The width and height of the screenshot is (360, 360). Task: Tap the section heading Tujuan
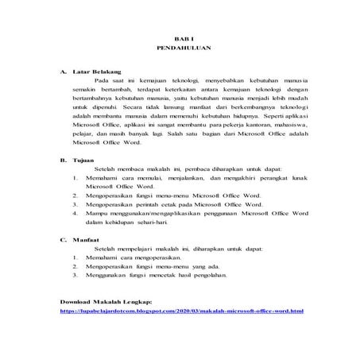[82, 160]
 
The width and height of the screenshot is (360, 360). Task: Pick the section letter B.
[63, 160]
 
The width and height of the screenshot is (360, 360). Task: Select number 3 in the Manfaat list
[75, 274]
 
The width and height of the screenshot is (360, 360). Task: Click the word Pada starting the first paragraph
[102, 81]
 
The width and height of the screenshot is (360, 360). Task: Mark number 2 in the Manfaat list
[75, 265]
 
